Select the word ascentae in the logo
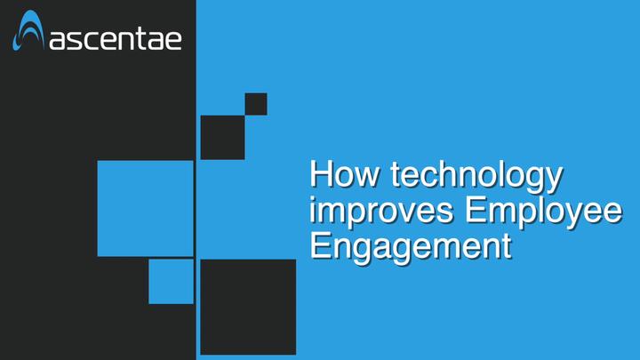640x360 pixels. click(116, 39)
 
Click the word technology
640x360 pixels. click(476, 176)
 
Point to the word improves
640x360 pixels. click(381, 211)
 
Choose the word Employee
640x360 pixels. click(544, 211)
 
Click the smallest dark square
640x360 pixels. click(256, 104)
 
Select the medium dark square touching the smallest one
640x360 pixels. click(222, 138)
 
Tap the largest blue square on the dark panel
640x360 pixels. click(145, 209)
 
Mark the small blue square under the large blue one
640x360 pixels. click(171, 282)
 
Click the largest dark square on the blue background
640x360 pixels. click(248, 307)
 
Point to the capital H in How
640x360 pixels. click(320, 173)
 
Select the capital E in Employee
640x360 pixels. click(476, 210)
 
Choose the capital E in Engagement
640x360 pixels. click(320, 245)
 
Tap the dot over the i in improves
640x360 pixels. click(313, 199)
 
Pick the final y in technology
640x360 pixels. click(555, 180)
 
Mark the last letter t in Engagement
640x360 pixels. click(507, 246)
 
